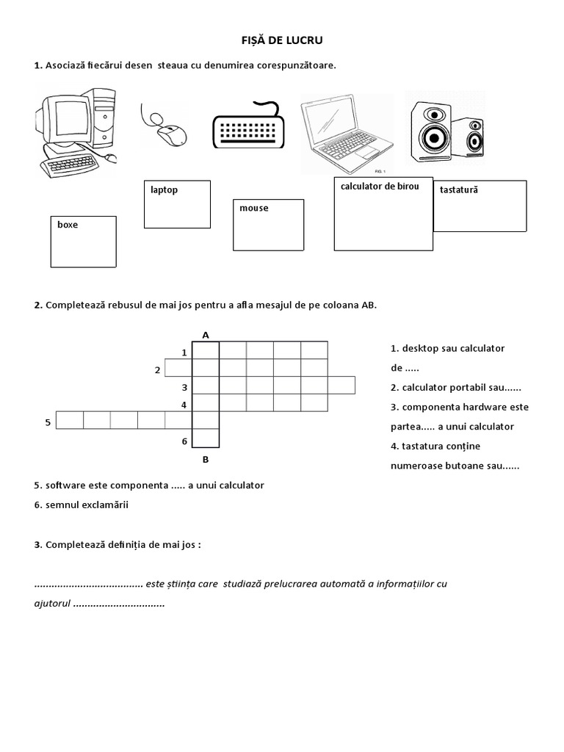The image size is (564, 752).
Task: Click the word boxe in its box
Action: coord(68,225)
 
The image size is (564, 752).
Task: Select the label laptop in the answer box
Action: coord(164,190)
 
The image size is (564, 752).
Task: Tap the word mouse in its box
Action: coord(253,209)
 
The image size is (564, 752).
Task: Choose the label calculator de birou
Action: coord(380,187)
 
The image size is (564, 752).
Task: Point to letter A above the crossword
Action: coord(206,335)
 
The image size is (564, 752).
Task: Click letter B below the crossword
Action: coord(206,460)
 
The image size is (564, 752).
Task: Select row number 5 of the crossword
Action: coord(48,422)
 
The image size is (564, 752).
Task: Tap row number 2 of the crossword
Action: coord(157,369)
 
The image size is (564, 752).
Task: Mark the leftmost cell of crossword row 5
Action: coord(70,420)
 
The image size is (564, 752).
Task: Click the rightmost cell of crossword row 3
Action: coord(342,385)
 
